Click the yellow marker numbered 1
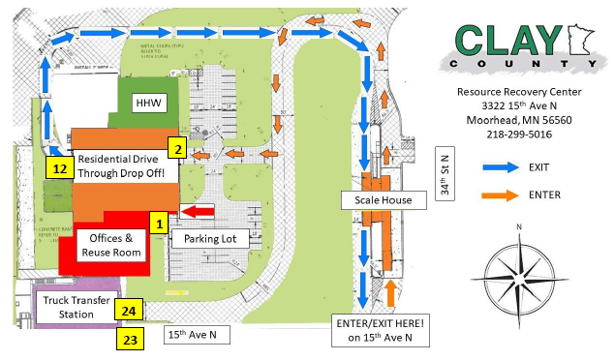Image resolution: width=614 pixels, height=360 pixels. (x=156, y=223)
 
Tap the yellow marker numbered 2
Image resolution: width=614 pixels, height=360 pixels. (x=177, y=148)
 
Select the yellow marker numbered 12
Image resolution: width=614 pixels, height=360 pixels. (x=59, y=167)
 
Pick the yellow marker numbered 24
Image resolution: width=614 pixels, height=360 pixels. (x=128, y=311)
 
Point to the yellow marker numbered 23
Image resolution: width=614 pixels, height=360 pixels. (x=128, y=339)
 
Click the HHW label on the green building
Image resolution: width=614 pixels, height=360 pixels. (x=150, y=103)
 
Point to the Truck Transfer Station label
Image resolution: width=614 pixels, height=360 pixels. (x=76, y=307)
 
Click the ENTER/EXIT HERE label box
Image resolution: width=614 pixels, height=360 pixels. (x=379, y=329)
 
